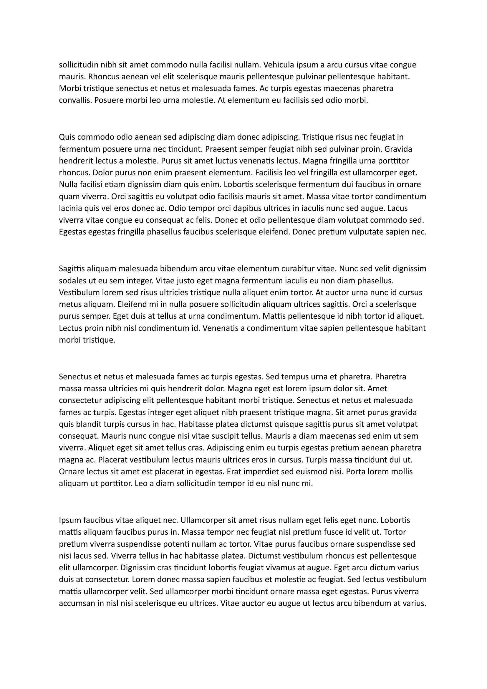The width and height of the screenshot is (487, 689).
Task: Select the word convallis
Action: point(75,100)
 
